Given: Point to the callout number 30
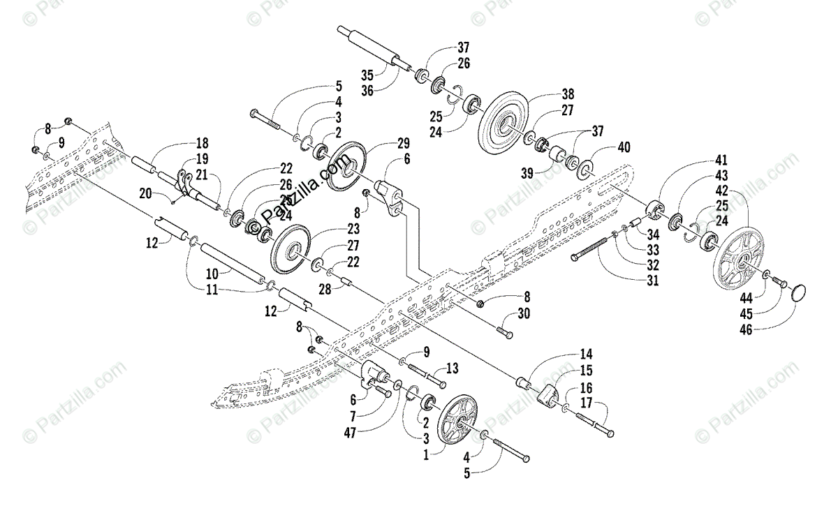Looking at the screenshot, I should click(x=524, y=313).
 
